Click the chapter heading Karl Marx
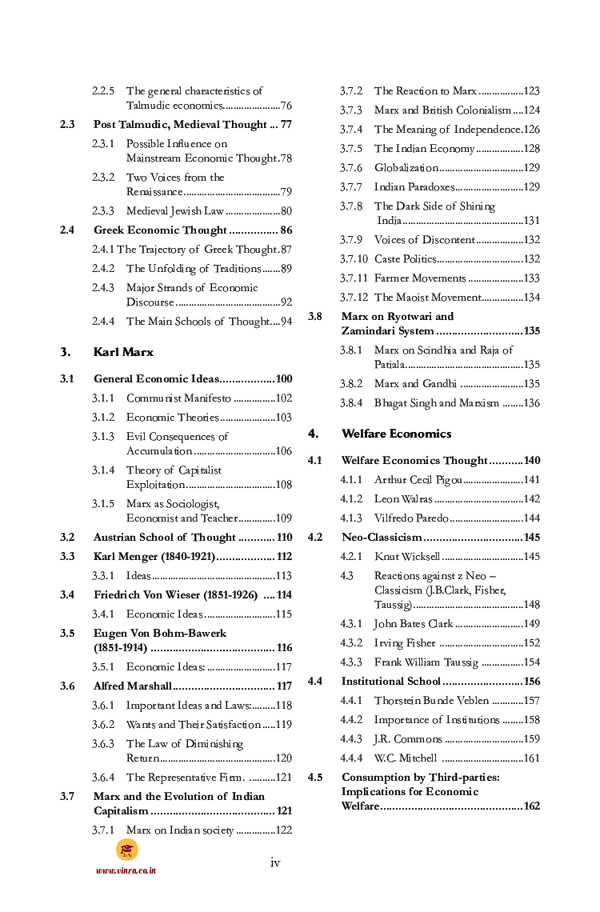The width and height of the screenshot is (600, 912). point(123,352)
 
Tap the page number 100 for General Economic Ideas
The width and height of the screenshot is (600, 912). point(283,379)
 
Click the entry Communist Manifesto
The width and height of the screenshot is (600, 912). point(178,398)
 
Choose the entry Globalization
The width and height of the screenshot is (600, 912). point(406,168)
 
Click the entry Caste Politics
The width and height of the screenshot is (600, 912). point(405,259)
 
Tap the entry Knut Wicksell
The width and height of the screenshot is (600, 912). point(407,557)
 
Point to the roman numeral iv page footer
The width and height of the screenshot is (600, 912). point(275,862)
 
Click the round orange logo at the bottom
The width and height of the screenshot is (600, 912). point(126,849)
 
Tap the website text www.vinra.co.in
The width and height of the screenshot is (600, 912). point(126,870)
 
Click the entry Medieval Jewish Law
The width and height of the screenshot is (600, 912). point(174,211)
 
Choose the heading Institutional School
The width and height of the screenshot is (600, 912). point(390,682)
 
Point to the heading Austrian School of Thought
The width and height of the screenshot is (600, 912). point(164,538)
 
